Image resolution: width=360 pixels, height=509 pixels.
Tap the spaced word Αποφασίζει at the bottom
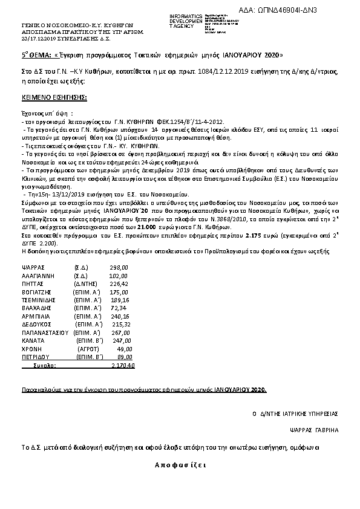click(180, 465)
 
